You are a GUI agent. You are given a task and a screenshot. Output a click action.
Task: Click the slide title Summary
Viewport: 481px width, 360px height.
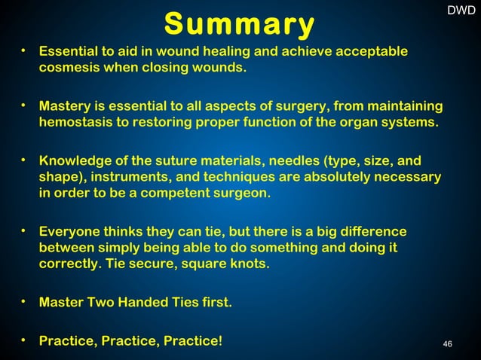(x=240, y=25)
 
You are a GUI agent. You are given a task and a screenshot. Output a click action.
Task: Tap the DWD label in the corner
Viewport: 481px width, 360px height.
(x=461, y=11)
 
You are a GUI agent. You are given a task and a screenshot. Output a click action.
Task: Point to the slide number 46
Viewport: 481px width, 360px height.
(x=448, y=344)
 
